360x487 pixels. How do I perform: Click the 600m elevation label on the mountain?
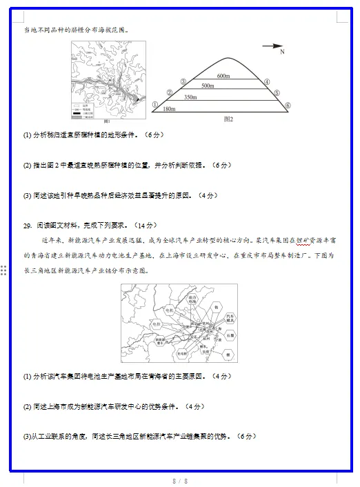(223, 75)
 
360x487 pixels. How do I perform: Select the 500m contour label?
(208, 86)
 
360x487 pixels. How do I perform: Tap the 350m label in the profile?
(190, 97)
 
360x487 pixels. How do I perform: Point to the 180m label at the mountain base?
(169, 109)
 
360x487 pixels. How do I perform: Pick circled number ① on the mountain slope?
(156, 105)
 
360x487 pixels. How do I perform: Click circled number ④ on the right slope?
(266, 82)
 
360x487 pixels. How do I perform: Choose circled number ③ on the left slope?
(183, 82)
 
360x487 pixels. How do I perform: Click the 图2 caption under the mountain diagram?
(229, 119)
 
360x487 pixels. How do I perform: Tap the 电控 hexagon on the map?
(157, 324)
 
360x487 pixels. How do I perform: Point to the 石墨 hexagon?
(230, 336)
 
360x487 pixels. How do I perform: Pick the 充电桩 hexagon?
(183, 352)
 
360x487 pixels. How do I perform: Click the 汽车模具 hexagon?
(230, 319)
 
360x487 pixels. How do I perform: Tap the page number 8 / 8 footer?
(180, 480)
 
